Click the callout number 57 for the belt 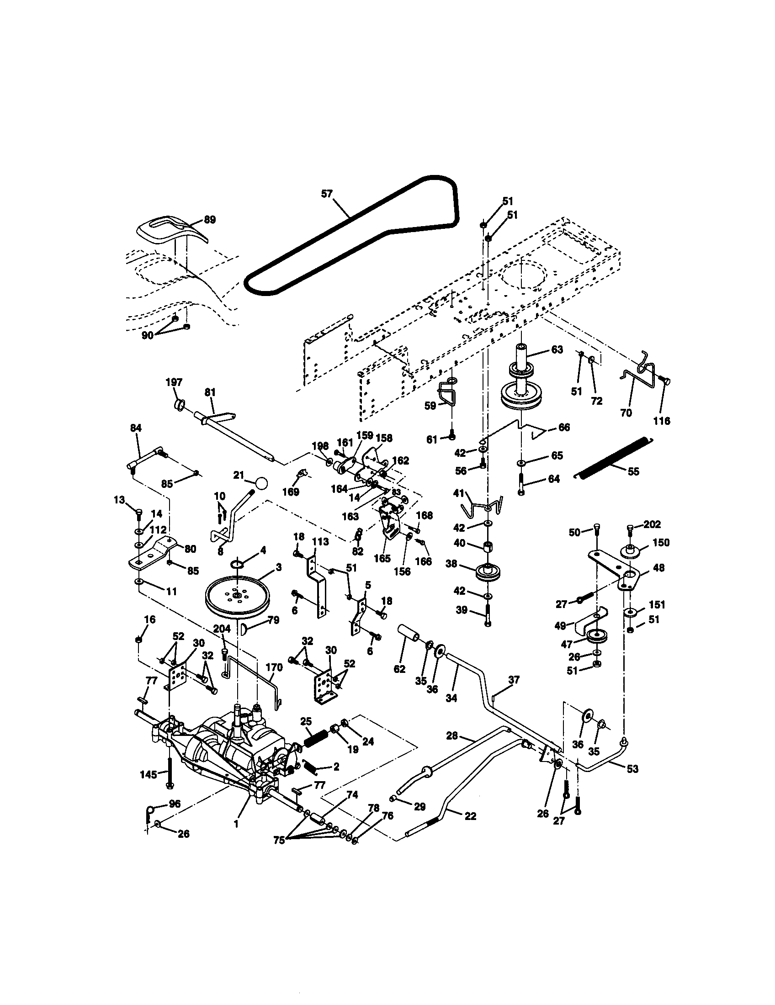[x=327, y=194]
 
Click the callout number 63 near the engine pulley [x=557, y=350]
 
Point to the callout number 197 [x=174, y=382]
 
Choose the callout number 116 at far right [x=662, y=421]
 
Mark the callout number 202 [x=652, y=524]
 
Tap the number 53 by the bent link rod [x=633, y=768]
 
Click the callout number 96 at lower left [x=175, y=804]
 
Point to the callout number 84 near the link [x=136, y=428]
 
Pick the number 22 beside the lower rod [x=470, y=816]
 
